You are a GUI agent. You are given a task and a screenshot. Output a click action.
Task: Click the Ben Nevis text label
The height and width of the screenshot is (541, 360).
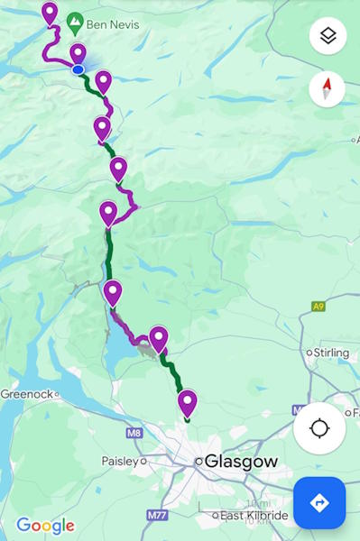click(x=113, y=23)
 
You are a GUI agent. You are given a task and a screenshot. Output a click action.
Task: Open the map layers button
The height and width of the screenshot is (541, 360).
click(x=328, y=36)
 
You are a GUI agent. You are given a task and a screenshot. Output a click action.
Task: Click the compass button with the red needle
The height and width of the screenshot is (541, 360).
click(x=327, y=88)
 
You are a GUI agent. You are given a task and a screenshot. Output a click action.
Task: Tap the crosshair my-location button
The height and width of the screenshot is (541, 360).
click(x=319, y=427)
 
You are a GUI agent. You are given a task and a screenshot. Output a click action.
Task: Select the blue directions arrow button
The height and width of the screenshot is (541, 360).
click(x=319, y=502)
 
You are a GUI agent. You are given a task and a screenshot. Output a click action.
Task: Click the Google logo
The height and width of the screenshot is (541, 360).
click(x=45, y=526)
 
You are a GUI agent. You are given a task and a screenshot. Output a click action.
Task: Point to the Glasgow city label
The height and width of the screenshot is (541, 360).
click(x=241, y=461)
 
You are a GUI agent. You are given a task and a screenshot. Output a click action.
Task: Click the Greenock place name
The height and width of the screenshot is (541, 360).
click(x=26, y=393)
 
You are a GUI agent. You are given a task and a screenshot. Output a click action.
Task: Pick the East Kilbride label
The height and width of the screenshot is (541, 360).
click(x=254, y=516)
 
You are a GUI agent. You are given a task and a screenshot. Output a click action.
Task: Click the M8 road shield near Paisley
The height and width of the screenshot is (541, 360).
click(x=134, y=433)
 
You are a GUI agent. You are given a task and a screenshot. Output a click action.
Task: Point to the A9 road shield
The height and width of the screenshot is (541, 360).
click(x=318, y=307)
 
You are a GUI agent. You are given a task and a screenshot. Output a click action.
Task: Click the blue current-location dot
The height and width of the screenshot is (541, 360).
click(x=78, y=69)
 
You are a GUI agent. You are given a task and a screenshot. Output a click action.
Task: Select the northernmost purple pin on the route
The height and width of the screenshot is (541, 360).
click(x=50, y=13)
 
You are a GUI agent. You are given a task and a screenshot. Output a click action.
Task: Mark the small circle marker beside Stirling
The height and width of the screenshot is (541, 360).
click(x=309, y=352)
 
